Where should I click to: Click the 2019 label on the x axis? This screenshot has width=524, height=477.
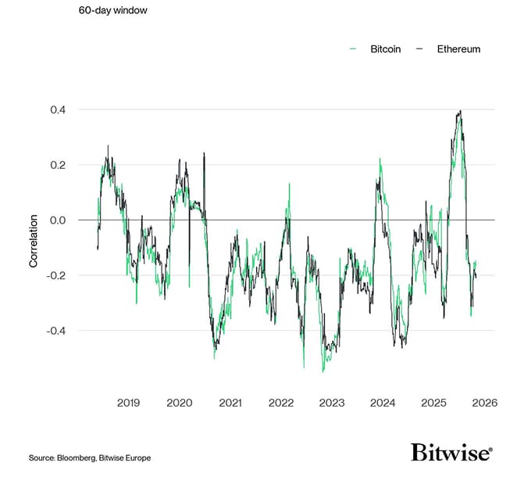(128, 403)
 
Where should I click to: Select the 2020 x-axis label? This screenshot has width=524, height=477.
(179, 403)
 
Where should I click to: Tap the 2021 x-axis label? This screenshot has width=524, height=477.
(230, 403)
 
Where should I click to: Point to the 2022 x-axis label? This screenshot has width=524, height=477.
(280, 403)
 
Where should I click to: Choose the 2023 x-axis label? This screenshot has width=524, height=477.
(332, 403)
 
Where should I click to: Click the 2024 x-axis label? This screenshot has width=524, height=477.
(383, 403)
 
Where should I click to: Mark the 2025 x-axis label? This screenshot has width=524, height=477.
(433, 403)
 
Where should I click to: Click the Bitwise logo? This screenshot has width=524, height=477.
(451, 453)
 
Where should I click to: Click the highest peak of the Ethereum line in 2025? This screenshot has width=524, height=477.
(461, 111)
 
